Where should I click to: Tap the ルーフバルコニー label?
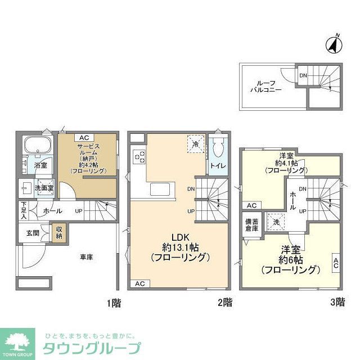click(265, 86)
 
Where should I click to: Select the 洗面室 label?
click(43, 188)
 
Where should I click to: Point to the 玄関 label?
click(32, 232)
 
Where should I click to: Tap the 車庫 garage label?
click(86, 257)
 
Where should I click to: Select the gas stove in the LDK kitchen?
click(139, 157)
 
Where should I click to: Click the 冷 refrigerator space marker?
click(195, 144)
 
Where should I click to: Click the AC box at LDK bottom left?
click(139, 283)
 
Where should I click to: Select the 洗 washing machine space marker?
click(276, 222)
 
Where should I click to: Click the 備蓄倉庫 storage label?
click(250, 226)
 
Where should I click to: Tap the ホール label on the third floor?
click(293, 200)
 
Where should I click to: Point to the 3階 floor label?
click(337, 302)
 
